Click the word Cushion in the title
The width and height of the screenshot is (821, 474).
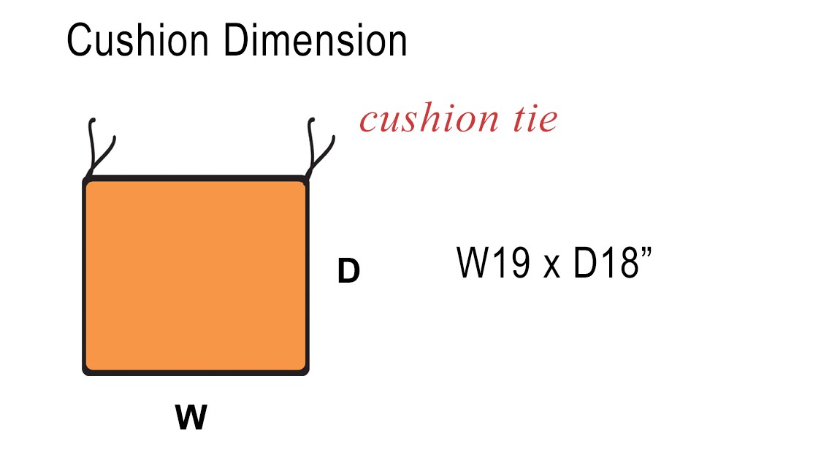pyautogui.click(x=138, y=40)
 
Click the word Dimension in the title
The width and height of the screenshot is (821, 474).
pyautogui.click(x=316, y=40)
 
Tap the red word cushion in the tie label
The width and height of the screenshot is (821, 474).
pyautogui.click(x=429, y=118)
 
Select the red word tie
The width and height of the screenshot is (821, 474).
pyautogui.click(x=535, y=118)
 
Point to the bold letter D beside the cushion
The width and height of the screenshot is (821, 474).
pyautogui.click(x=348, y=271)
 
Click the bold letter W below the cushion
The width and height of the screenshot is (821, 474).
pyautogui.click(x=191, y=417)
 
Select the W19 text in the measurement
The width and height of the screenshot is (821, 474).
pyautogui.click(x=494, y=262)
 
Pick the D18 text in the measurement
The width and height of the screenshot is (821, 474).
pyautogui.click(x=606, y=262)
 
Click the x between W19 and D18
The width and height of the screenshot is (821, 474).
pyautogui.click(x=552, y=267)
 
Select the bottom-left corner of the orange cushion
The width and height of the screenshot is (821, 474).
pyautogui.click(x=83, y=375)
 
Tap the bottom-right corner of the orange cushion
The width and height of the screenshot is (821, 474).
pyautogui.click(x=308, y=375)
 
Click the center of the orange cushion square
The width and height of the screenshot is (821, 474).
pyautogui.click(x=196, y=276)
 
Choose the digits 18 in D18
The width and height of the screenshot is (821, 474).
pyautogui.click(x=622, y=262)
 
